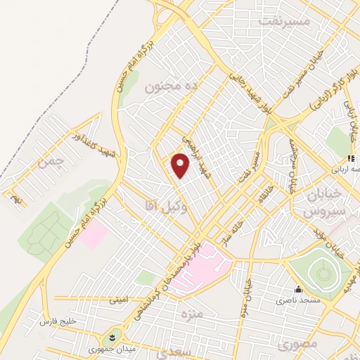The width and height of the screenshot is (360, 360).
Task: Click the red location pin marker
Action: pyautogui.click(x=181, y=165)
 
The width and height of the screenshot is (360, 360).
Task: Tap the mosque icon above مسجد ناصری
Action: pyautogui.click(x=298, y=289)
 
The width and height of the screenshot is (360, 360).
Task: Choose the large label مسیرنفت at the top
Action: pyautogui.click(x=284, y=21)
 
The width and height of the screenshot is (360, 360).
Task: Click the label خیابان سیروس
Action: pyautogui.click(x=324, y=202)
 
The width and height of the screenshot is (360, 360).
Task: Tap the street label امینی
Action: pyautogui.click(x=118, y=300)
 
